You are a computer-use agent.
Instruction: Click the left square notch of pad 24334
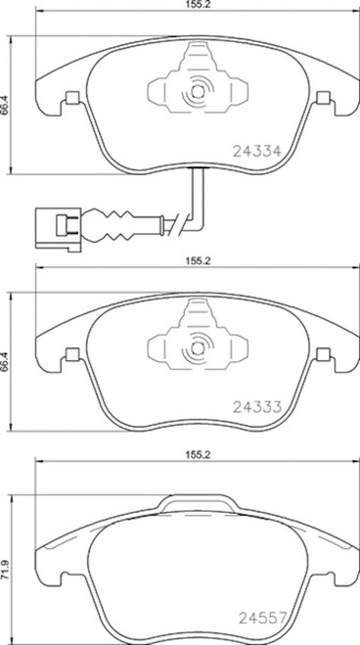click(70, 99)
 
